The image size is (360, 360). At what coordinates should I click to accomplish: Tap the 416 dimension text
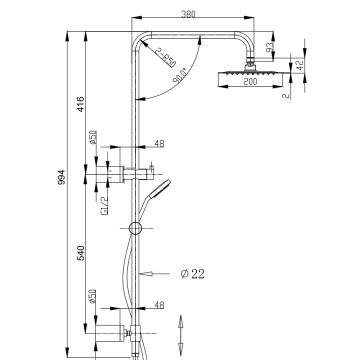[80, 104]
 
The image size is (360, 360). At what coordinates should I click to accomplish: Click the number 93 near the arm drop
[269, 47]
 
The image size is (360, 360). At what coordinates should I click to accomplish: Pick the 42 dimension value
[299, 65]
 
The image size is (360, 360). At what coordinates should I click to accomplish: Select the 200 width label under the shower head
[250, 82]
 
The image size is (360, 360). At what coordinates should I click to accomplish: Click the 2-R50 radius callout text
[164, 57]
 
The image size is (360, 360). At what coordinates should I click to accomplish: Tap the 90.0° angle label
[180, 75]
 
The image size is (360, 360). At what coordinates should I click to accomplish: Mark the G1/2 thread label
[104, 205]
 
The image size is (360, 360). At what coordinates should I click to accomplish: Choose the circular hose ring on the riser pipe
[135, 228]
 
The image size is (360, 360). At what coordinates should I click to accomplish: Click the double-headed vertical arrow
[180, 334]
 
